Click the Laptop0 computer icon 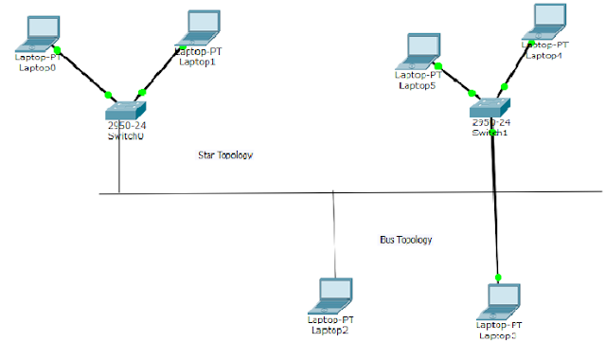pos(41,33)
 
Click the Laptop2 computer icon pos(336,295)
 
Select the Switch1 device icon pos(490,107)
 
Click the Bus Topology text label pos(399,240)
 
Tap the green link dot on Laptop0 pos(57,50)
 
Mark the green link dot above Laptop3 pos(496,277)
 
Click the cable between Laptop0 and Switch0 pos(83,72)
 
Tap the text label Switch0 pos(126,136)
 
